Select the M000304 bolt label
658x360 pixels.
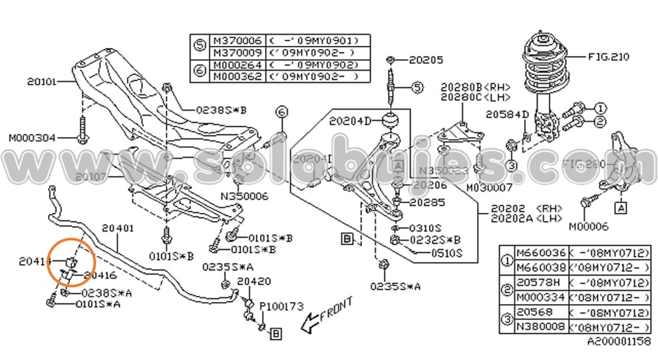tap(30, 138)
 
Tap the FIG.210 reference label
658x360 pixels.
tap(608, 57)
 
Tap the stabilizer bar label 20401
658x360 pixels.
tap(118, 228)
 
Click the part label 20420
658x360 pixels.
tap(254, 281)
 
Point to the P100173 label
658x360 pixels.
tap(281, 306)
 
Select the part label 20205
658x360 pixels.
tap(426, 60)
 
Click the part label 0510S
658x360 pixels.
tap(446, 253)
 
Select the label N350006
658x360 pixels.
tap(245, 197)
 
